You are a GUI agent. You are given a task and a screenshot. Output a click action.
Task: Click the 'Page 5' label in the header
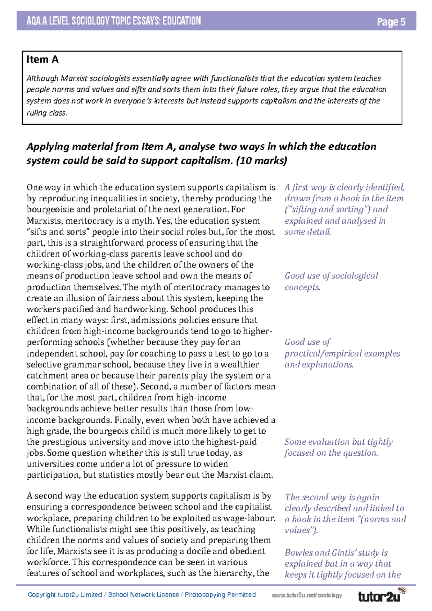pyautogui.click(x=391, y=22)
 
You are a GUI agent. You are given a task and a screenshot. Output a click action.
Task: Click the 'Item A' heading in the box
pyautogui.click(x=42, y=59)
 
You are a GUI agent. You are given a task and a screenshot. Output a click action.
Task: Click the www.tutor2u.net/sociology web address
pyautogui.click(x=307, y=596)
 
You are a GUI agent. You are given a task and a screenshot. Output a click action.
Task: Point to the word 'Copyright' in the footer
pyautogui.click(x=42, y=595)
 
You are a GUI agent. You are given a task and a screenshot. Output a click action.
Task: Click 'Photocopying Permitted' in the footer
pyautogui.click(x=220, y=595)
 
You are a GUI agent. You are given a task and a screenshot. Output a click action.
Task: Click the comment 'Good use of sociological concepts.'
pyautogui.click(x=331, y=281)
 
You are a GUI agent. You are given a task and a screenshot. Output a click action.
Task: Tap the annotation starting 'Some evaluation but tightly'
pyautogui.click(x=338, y=447)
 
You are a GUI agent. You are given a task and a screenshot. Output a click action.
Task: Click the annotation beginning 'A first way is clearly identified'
pyautogui.click(x=344, y=209)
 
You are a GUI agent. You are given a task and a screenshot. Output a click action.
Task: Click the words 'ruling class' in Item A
pyautogui.click(x=46, y=113)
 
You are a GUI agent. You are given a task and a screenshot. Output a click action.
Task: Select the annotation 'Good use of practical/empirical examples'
pyautogui.click(x=342, y=353)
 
